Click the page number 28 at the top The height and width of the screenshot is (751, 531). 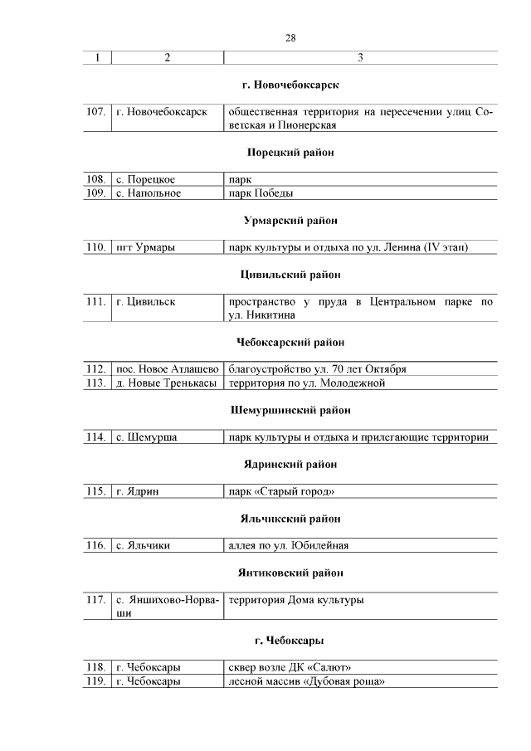[290, 37]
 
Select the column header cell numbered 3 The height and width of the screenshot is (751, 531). [360, 58]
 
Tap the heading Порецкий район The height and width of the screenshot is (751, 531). [290, 153]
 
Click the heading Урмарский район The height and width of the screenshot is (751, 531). [290, 221]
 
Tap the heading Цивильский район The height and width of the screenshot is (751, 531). [290, 275]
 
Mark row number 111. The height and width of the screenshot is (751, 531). [96, 301]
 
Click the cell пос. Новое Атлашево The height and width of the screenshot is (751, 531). [167, 369]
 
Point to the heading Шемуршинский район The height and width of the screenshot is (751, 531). [290, 410]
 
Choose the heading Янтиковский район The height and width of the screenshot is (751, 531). [290, 573]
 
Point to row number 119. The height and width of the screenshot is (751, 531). [96, 681]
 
